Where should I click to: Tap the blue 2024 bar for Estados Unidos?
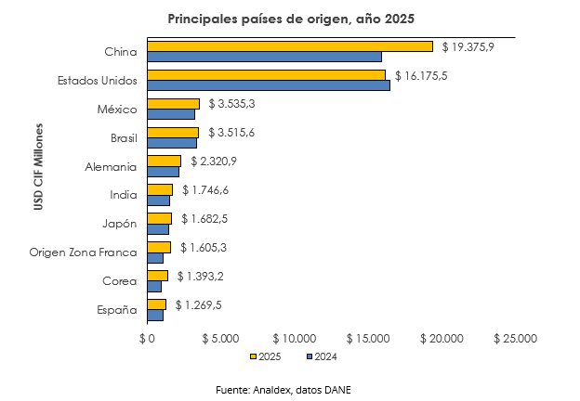[269, 86]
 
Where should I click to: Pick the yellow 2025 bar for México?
[173, 104]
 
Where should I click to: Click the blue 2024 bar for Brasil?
[172, 144]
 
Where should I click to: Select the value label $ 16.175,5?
[421, 75]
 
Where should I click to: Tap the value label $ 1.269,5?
[198, 304]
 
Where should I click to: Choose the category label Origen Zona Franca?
[83, 252]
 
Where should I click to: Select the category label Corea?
[120, 281]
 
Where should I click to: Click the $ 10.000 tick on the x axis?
[296, 339]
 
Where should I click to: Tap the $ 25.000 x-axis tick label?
[515, 339]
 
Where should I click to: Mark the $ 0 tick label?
[146, 339]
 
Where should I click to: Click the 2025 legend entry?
[268, 356]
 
